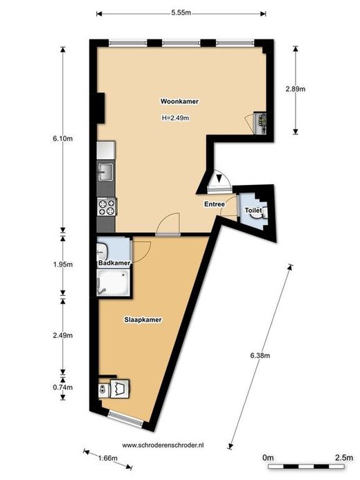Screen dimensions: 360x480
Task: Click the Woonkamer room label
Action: click(179, 101)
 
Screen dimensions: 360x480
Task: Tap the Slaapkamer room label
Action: click(143, 320)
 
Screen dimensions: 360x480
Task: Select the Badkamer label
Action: click(114, 263)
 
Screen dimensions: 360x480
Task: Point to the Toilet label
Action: click(253, 211)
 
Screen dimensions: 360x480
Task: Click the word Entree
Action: click(215, 204)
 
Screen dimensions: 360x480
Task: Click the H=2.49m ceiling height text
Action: click(175, 118)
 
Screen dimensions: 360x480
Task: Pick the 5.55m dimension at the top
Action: click(181, 12)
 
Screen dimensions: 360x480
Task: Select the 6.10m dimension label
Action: click(63, 139)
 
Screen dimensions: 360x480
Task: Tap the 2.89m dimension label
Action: click(296, 89)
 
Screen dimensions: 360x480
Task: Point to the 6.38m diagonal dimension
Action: click(260, 355)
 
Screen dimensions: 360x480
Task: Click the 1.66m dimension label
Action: click(108, 459)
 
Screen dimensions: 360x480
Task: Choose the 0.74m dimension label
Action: click(63, 387)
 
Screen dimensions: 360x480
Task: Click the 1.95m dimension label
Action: click(63, 265)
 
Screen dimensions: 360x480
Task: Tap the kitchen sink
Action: click(105, 172)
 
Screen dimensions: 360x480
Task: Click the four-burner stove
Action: click(107, 207)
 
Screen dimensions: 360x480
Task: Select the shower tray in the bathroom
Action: click(113, 282)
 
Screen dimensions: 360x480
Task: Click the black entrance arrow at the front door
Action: click(219, 178)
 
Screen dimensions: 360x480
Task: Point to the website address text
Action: click(163, 445)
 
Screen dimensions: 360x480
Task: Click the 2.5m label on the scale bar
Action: click(344, 458)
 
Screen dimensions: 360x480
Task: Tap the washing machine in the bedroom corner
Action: click(120, 389)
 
